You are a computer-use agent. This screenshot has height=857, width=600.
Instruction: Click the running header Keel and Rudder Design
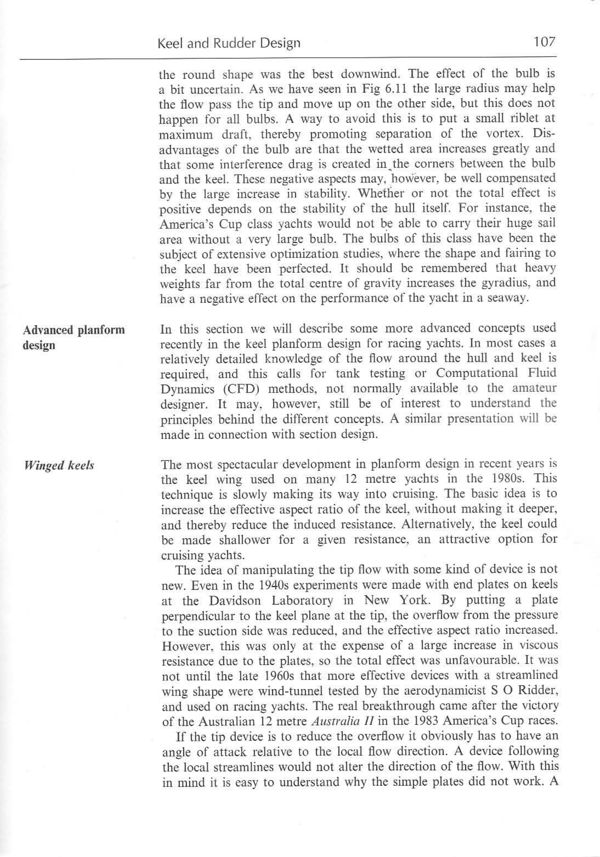pyautogui.click(x=229, y=44)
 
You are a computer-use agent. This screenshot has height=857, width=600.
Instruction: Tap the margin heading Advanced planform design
pyautogui.click(x=73, y=338)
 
